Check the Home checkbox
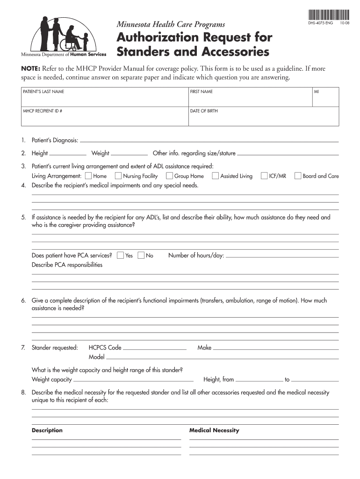point(88,176)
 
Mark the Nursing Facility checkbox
point(118,176)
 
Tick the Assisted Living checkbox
point(215,176)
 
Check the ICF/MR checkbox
point(264,176)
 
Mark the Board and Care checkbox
point(297,176)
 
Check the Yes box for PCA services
point(120,255)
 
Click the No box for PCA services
point(141,255)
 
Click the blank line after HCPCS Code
point(155,348)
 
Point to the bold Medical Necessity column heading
point(214,430)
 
